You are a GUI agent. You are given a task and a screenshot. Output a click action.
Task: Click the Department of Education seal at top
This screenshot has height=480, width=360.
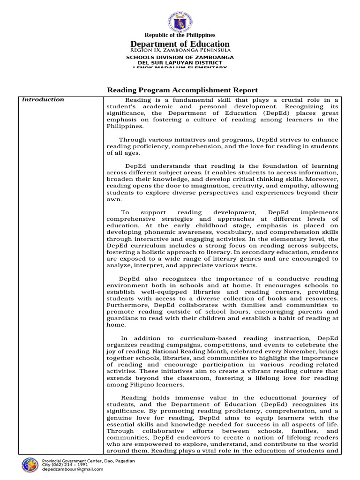[x=180, y=20]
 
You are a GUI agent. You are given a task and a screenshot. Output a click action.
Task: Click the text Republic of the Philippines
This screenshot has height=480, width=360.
[x=180, y=35]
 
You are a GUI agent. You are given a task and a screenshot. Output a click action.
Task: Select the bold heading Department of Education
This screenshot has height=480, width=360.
[x=180, y=44]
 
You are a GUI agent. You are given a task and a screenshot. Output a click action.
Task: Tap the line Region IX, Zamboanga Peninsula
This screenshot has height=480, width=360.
[x=180, y=50]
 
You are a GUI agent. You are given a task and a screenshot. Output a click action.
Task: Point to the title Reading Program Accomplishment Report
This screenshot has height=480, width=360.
[x=183, y=90]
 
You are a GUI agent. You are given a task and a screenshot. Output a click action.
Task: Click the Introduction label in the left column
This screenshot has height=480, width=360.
[x=44, y=99]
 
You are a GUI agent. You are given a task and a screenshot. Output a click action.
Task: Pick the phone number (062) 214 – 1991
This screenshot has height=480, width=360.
[x=71, y=465]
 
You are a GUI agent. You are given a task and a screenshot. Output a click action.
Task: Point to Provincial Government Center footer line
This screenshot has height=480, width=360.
[x=89, y=461]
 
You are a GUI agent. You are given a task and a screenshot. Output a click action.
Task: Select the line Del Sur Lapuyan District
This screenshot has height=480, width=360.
[x=180, y=62]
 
